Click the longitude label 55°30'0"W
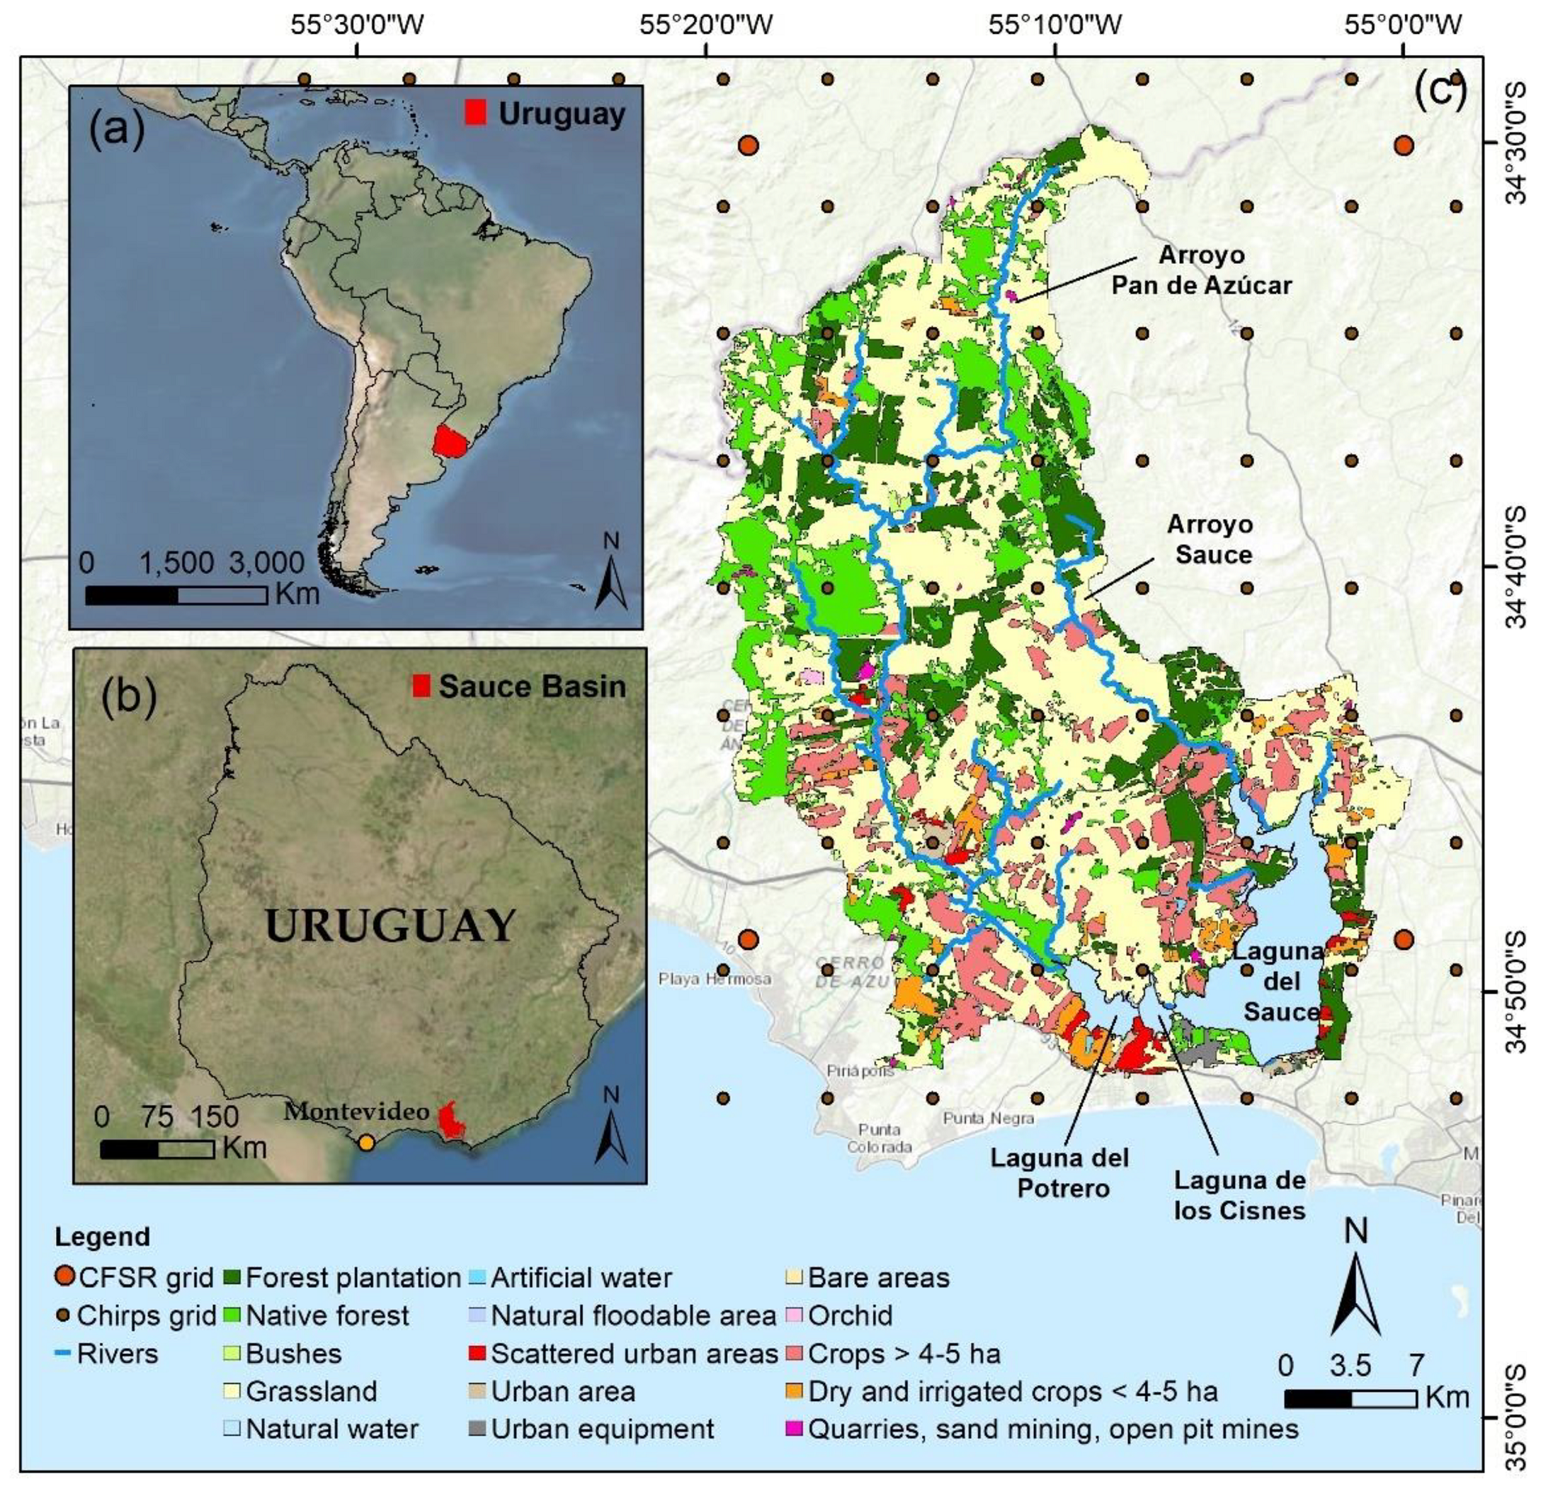[x=357, y=24]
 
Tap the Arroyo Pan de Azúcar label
[x=1201, y=270]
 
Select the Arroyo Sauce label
[x=1211, y=539]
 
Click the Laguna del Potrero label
[x=1059, y=1173]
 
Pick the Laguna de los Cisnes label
[x=1240, y=1195]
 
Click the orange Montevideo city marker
[x=367, y=1143]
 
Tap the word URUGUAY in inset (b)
[x=390, y=926]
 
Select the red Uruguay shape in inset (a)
[x=450, y=441]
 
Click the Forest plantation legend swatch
[x=232, y=1278]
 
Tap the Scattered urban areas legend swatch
[x=477, y=1354]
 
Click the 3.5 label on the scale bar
[x=1351, y=1366]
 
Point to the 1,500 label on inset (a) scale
[x=177, y=563]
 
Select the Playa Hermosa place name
[x=714, y=979]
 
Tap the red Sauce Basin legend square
[x=420, y=687]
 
